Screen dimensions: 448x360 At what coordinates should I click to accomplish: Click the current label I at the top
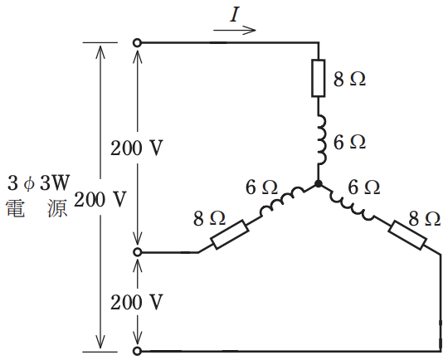[234, 15]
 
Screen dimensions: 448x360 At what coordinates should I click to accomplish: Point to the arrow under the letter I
[234, 30]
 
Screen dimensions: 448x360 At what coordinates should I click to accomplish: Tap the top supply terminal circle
[137, 43]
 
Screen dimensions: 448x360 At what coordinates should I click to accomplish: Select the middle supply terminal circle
[137, 252]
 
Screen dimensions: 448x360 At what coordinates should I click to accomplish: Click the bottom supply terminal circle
[137, 351]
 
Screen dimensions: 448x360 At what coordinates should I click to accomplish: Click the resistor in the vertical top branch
[318, 78]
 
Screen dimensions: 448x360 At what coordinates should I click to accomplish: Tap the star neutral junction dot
[318, 184]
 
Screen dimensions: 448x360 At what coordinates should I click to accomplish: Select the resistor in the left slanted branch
[230, 235]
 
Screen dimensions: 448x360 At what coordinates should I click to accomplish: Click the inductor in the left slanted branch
[282, 201]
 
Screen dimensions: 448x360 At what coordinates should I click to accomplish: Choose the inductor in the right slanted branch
[352, 205]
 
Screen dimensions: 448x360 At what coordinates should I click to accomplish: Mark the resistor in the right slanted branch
[407, 235]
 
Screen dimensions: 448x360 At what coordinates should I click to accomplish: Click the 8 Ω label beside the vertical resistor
[349, 79]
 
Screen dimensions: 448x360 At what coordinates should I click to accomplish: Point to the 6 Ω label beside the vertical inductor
[349, 142]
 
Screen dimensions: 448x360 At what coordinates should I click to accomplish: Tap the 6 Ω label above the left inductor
[261, 187]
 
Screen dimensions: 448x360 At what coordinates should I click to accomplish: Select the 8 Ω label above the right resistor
[424, 219]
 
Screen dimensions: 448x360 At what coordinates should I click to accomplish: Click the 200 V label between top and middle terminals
[137, 148]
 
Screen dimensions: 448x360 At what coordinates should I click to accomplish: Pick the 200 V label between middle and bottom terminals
[137, 302]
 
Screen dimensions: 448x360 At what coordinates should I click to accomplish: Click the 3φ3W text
[38, 182]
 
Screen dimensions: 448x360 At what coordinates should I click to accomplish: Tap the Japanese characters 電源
[37, 208]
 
